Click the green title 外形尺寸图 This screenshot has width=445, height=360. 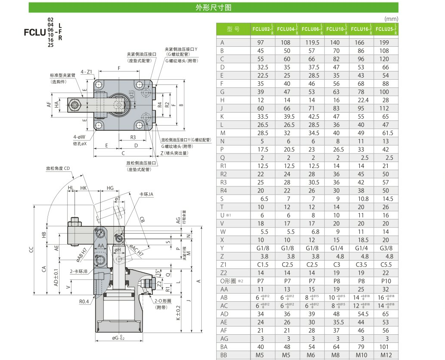click(213, 7)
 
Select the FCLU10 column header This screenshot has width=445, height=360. click(336, 29)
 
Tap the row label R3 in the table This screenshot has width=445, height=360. click(223, 182)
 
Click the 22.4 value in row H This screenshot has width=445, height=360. click(361, 100)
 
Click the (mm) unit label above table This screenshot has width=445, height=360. click(391, 19)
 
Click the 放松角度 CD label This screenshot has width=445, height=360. click(58, 168)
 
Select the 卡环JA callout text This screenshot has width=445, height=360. click(146, 194)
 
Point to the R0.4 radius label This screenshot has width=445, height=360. click(84, 301)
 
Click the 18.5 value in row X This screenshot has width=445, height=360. click(361, 240)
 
